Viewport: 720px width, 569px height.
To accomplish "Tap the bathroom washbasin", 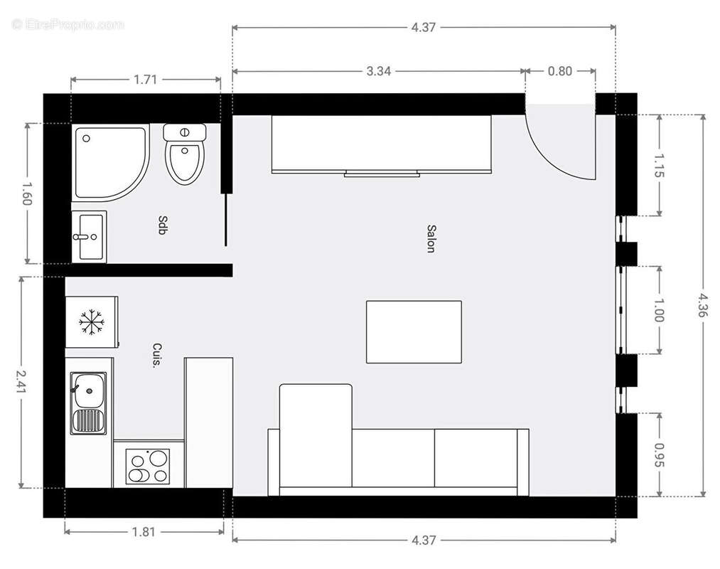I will (89, 236).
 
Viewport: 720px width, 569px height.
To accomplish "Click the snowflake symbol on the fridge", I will (92, 322).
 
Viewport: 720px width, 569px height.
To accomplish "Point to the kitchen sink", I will (88, 403).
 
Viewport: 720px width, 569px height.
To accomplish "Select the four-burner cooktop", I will (148, 467).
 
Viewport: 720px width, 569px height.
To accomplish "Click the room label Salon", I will (431, 238).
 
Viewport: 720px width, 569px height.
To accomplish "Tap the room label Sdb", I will (163, 225).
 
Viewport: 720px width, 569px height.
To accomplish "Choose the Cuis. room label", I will (157, 355).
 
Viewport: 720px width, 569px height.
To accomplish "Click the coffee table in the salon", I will (414, 331).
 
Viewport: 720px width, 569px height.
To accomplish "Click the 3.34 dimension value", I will (379, 71).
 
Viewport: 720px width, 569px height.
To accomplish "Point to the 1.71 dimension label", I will (145, 80).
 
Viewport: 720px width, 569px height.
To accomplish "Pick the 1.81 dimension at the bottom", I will (145, 531).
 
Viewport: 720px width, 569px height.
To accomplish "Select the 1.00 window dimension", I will (658, 310).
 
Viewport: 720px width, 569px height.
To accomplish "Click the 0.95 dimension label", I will (658, 454).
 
